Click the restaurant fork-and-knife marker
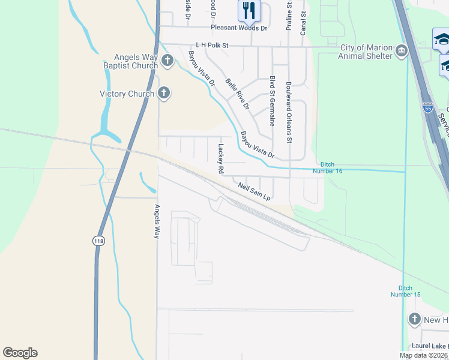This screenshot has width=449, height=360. click(249, 10)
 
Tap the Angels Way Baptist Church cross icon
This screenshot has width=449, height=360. click(167, 61)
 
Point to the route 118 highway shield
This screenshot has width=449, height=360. click(98, 241)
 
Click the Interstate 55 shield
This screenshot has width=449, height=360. click(427, 108)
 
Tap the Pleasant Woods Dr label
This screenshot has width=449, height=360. click(239, 28)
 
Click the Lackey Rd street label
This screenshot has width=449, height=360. click(221, 159)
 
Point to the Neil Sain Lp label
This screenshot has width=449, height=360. click(255, 191)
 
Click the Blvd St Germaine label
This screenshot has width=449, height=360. click(273, 100)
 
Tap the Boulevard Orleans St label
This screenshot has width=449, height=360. click(289, 112)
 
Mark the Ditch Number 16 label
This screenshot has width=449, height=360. click(331, 167)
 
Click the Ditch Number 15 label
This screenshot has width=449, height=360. click(405, 291)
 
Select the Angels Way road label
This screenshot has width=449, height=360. click(157, 222)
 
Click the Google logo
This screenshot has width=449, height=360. click(20, 353)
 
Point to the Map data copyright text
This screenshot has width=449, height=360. click(423, 355)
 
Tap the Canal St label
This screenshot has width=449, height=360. click(303, 23)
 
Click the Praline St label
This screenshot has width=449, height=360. click(289, 16)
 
